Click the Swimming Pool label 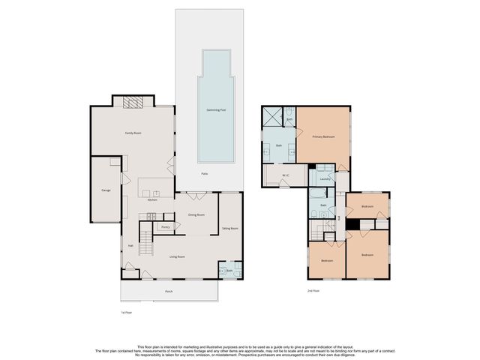coord(216,110)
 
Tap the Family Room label coord(133,133)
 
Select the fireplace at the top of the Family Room coord(133,102)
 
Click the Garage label coord(106,191)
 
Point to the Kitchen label coord(152,200)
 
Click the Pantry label coord(166,226)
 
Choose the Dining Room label coord(197,215)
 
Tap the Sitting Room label coord(230,228)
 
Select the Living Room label coord(177,256)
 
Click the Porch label coord(169,291)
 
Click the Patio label coord(204,174)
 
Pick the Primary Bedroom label coord(323,137)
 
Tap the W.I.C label coord(286,176)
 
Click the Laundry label coord(325,178)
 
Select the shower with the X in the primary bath coord(271,115)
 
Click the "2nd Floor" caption coord(314,290)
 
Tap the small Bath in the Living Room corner coord(229,270)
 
